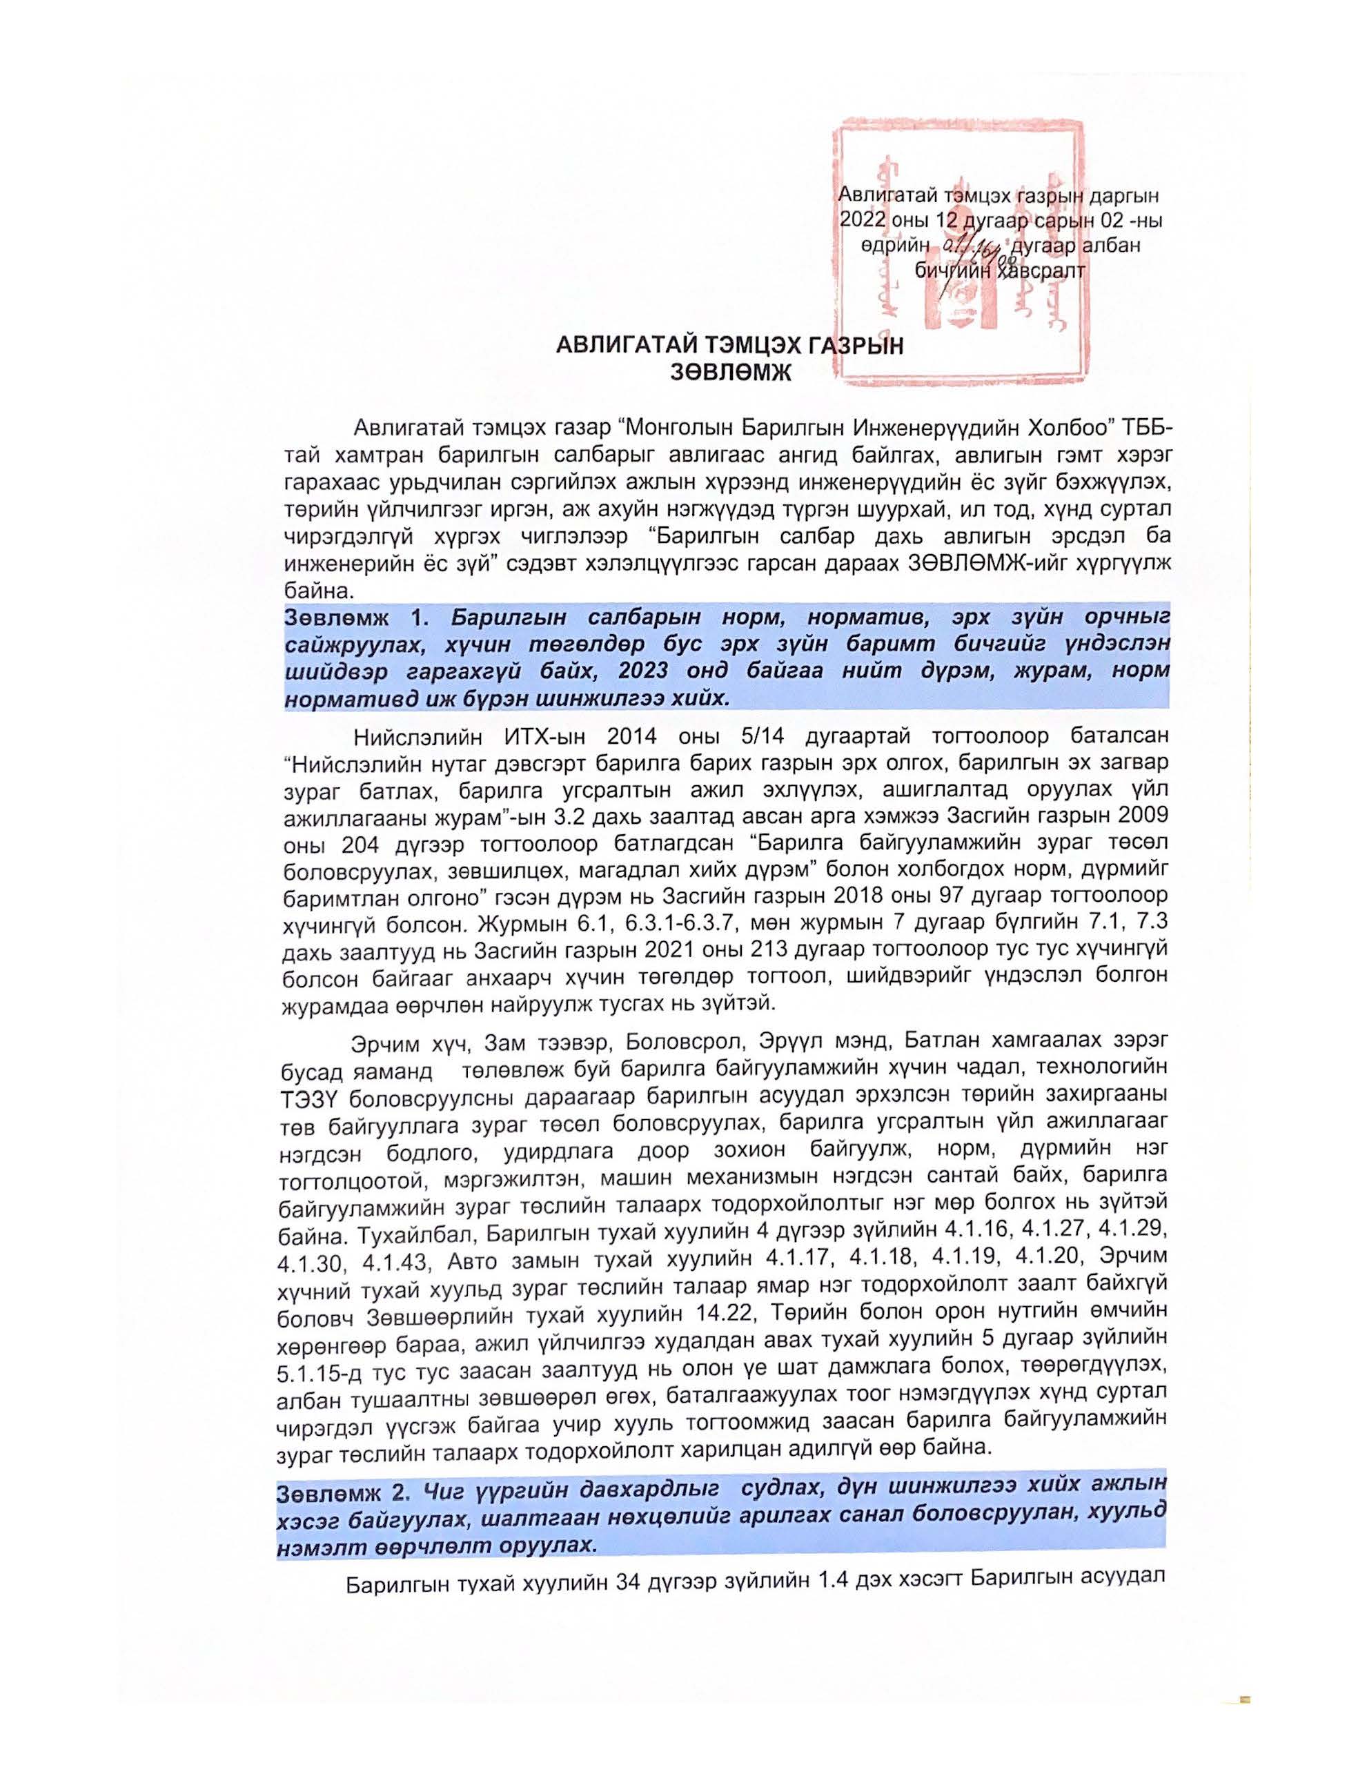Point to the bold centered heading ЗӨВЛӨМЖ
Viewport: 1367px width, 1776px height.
tap(729, 372)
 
